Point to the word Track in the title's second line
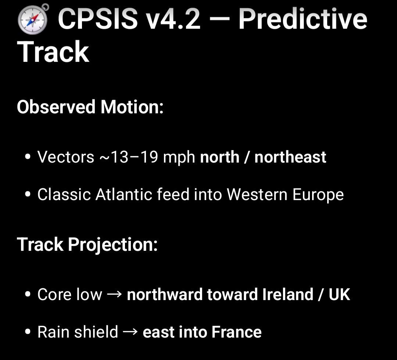53,52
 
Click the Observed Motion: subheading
90,107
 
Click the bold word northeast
290,157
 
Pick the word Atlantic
124,195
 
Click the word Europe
318,195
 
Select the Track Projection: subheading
87,245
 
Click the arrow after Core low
115,295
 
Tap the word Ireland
288,295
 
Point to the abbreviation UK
339,295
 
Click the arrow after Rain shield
130,332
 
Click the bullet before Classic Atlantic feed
28,195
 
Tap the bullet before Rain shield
28,332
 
